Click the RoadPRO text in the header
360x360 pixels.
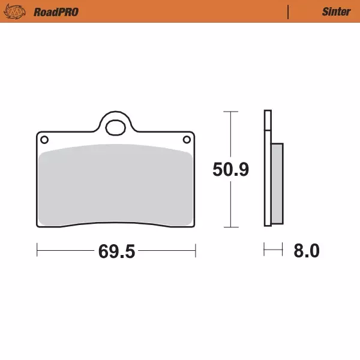56,12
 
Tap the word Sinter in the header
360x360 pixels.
337,12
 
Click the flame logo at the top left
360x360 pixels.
14,11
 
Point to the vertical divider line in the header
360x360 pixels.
288,12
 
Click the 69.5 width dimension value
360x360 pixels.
116,251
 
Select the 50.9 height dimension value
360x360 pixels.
231,169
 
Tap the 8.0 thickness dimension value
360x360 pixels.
307,250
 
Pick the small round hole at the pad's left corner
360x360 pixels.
44,140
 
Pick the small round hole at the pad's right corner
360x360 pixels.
187,139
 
